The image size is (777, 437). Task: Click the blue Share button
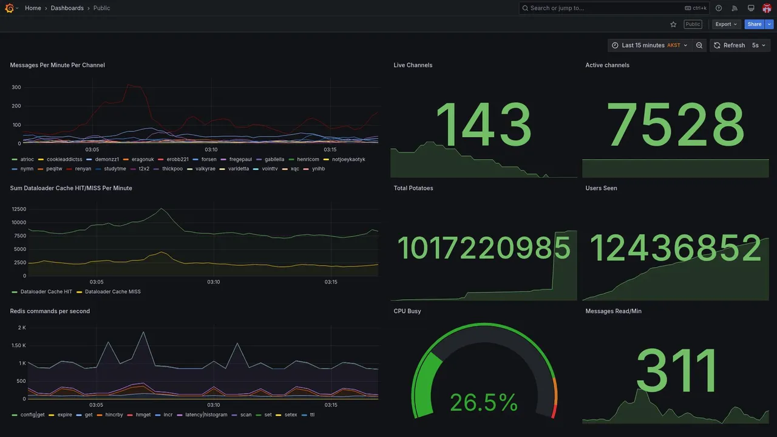pyautogui.click(x=755, y=24)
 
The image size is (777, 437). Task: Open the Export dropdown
pyautogui.click(x=726, y=24)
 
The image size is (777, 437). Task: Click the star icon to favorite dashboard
pyautogui.click(x=673, y=24)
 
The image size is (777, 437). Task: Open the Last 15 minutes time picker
pyautogui.click(x=649, y=46)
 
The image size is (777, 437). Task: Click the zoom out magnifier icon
pyautogui.click(x=699, y=46)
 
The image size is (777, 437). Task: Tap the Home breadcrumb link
pyautogui.click(x=33, y=8)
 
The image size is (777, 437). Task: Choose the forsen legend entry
pyautogui.click(x=209, y=160)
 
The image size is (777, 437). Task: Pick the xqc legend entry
pyautogui.click(x=295, y=169)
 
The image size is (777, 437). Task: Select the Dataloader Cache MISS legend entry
pyautogui.click(x=112, y=292)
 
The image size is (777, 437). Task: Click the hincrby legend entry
pyautogui.click(x=114, y=415)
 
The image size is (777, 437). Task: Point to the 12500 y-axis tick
pyautogui.click(x=18, y=209)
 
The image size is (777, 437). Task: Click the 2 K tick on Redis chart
pyautogui.click(x=22, y=328)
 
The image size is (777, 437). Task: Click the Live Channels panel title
pyautogui.click(x=413, y=65)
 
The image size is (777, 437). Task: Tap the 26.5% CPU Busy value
pyautogui.click(x=484, y=402)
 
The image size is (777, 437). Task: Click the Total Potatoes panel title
pyautogui.click(x=413, y=188)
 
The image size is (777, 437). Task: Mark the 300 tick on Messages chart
pyautogui.click(x=16, y=87)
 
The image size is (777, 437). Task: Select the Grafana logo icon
pyautogui.click(x=9, y=8)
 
